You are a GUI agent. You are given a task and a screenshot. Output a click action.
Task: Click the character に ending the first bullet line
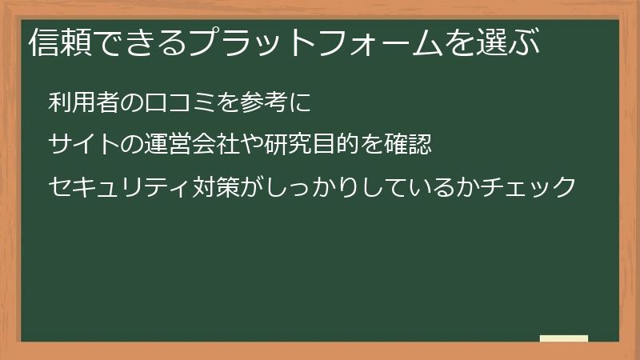(x=298, y=102)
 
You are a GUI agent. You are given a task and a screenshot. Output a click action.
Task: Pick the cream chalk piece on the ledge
(x=564, y=338)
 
